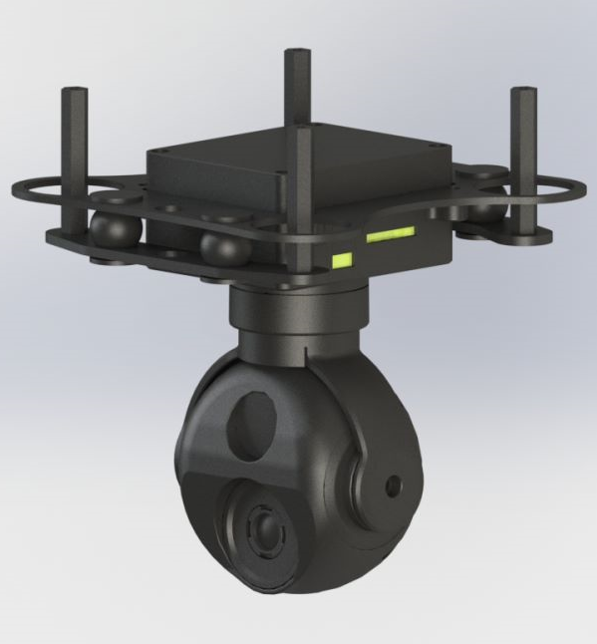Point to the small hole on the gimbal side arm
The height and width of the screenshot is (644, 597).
click(395, 485)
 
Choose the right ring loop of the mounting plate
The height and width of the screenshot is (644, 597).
click(538, 189)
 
